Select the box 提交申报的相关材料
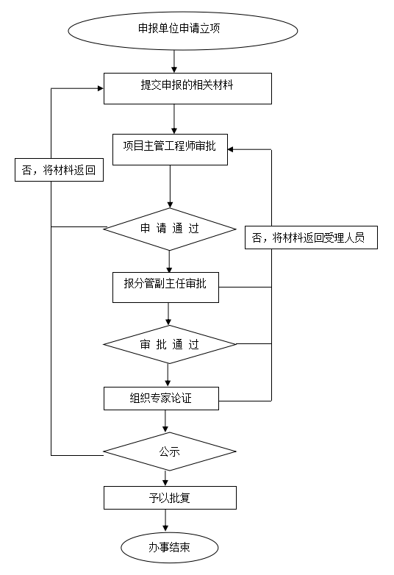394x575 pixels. pyautogui.click(x=187, y=88)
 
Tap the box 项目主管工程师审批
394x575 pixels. pyautogui.click(x=170, y=149)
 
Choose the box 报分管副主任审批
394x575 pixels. pyautogui.click(x=165, y=287)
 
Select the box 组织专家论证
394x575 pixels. pyautogui.click(x=161, y=399)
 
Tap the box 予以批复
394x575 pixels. pyautogui.click(x=170, y=498)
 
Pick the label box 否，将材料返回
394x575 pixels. pyautogui.click(x=59, y=170)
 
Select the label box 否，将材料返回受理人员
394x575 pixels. pyautogui.click(x=311, y=238)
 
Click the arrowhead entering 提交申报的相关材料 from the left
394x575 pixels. pyautogui.click(x=101, y=88)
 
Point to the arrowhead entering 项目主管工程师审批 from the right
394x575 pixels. pyautogui.click(x=231, y=149)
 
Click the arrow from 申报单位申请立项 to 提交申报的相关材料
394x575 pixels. pyautogui.click(x=174, y=61)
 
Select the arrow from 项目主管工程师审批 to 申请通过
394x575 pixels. pyautogui.click(x=170, y=186)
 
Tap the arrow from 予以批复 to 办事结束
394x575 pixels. pyautogui.click(x=165, y=521)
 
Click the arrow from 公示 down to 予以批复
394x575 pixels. pyautogui.click(x=165, y=479)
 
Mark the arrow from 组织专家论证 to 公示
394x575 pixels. pyautogui.click(x=165, y=421)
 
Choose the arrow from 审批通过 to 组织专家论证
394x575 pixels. pyautogui.click(x=168, y=375)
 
